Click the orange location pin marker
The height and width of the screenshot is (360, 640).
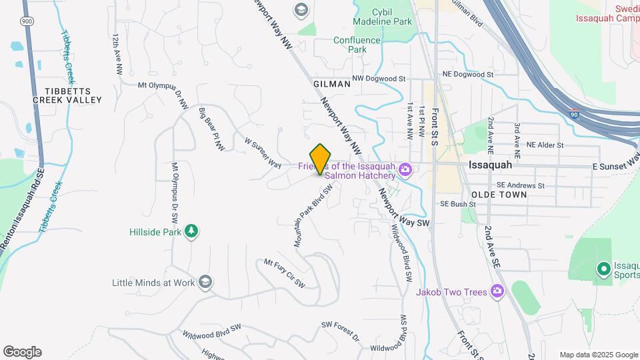(321, 159)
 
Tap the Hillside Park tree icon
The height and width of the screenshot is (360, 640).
(192, 231)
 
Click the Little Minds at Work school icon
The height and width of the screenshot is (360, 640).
(206, 282)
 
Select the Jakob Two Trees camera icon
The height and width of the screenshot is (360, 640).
(496, 291)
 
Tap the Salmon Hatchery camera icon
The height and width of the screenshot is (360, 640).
(404, 171)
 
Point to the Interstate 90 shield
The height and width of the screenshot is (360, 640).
(575, 114)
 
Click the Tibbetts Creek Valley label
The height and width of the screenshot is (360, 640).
(68, 95)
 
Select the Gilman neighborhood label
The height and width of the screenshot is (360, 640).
(331, 84)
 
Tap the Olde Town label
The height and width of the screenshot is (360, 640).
(499, 195)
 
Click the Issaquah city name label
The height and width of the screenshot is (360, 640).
(491, 164)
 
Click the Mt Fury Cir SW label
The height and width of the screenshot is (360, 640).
(285, 273)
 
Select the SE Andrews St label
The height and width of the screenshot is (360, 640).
(520, 185)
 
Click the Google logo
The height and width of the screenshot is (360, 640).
(22, 352)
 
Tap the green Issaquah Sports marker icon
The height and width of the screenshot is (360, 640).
(603, 269)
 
